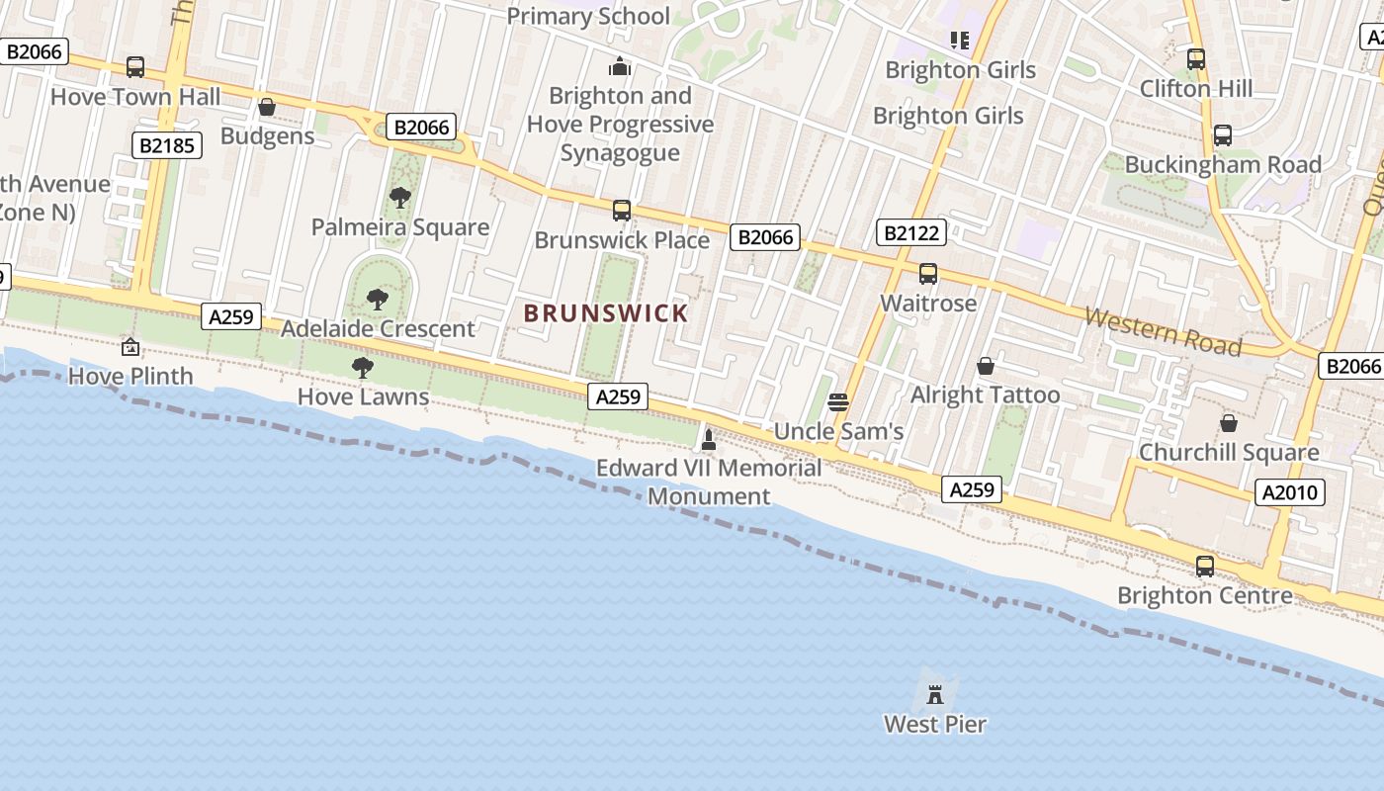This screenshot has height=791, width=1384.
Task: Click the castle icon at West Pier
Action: (x=935, y=694)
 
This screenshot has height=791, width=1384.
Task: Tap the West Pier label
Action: (x=935, y=724)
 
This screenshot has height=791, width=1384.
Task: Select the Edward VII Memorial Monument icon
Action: (x=708, y=440)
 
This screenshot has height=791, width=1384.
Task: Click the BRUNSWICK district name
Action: (x=606, y=313)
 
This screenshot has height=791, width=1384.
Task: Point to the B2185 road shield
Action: (x=166, y=146)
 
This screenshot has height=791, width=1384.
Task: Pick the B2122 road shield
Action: (x=911, y=233)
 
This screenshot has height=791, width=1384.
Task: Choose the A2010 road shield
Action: (x=1290, y=492)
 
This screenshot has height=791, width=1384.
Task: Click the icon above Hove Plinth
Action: (x=130, y=347)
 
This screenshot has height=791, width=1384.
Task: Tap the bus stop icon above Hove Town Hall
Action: (x=135, y=67)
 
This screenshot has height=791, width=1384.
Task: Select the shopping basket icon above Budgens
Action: (x=267, y=107)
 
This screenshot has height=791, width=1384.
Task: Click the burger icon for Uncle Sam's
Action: (x=838, y=401)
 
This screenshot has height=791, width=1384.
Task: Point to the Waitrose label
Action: (x=928, y=303)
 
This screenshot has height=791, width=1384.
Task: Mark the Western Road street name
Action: (x=1163, y=331)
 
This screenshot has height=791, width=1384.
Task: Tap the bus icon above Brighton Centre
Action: (x=1205, y=567)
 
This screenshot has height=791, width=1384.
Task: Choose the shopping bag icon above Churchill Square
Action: (x=1228, y=423)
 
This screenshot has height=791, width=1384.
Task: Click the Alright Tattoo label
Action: (x=985, y=395)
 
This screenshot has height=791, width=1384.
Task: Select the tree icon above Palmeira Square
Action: (x=400, y=198)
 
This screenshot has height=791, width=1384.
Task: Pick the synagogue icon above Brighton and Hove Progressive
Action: (x=620, y=66)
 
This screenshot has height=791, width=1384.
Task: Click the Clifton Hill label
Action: (x=1196, y=88)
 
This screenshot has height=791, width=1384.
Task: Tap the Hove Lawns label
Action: (x=364, y=396)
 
